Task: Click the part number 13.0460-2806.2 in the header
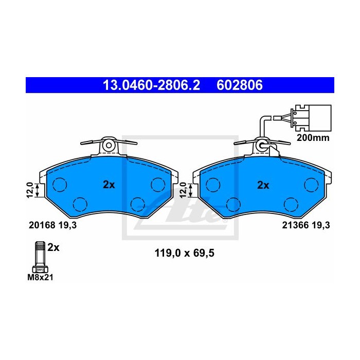(x=152, y=85)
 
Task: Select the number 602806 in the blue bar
(x=240, y=85)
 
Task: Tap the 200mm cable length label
(x=313, y=138)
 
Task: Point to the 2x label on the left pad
(x=109, y=185)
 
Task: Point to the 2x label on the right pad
(x=263, y=185)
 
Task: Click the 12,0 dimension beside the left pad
(x=30, y=190)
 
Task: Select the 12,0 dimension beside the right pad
(x=184, y=190)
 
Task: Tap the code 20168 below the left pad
(x=42, y=225)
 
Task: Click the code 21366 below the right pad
(x=295, y=225)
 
